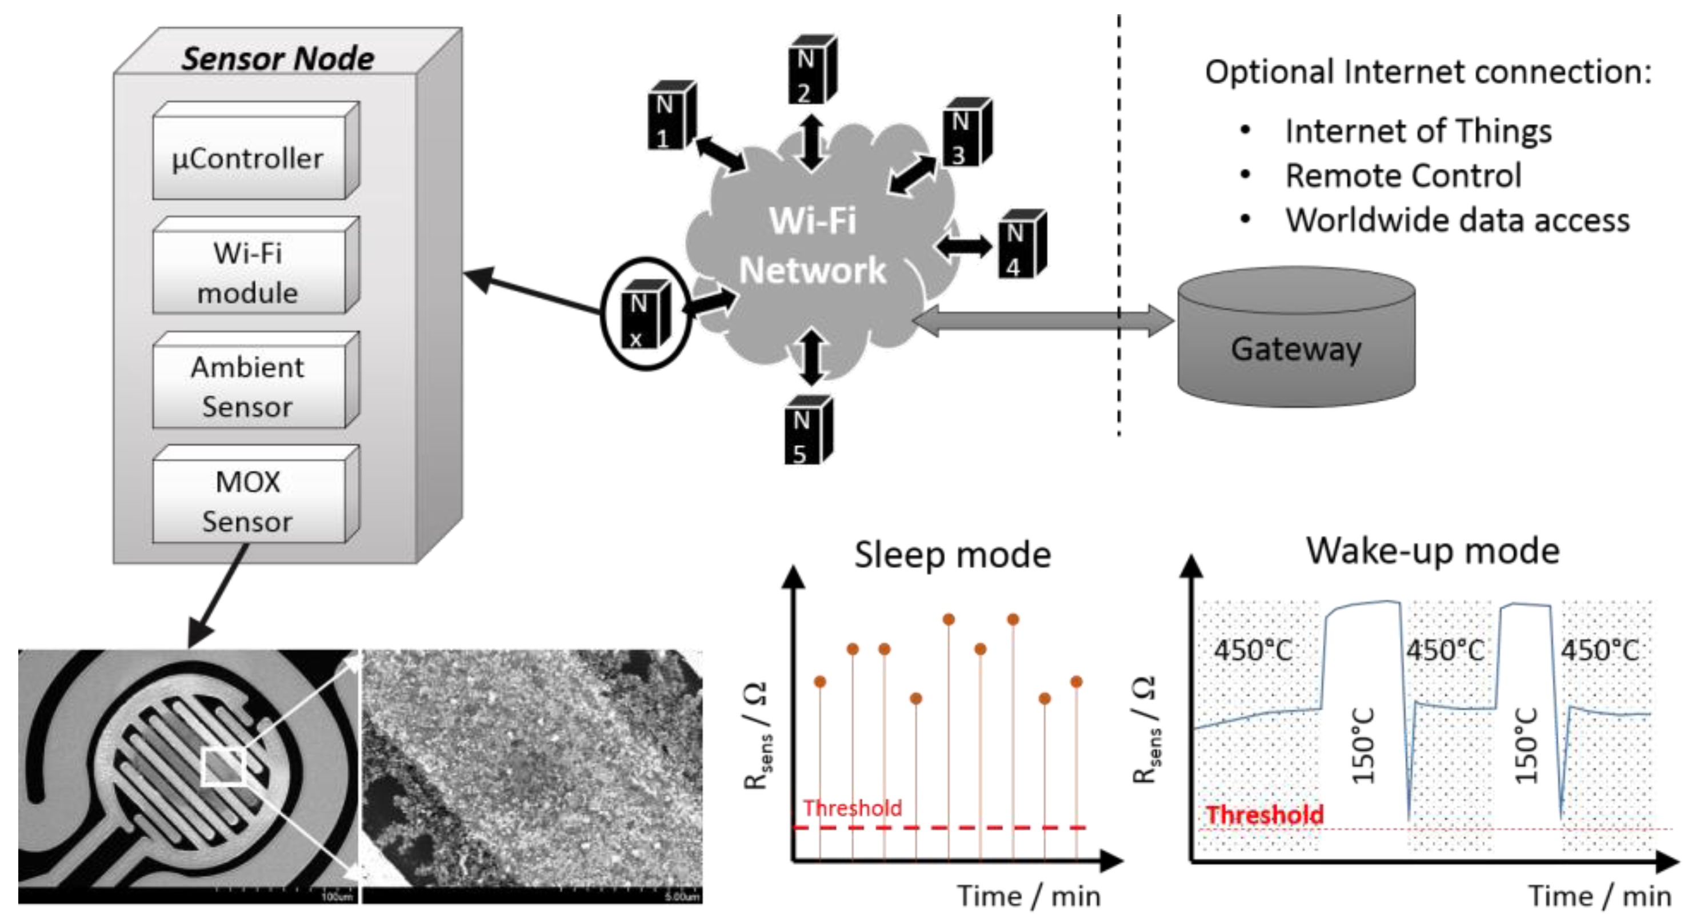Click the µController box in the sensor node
(248, 158)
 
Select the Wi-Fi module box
(248, 272)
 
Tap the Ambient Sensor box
(248, 387)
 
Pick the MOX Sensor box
(248, 501)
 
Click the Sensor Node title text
(277, 58)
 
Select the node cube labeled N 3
(966, 133)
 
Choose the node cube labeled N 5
(807, 431)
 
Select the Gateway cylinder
(1295, 338)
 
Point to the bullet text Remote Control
(1402, 175)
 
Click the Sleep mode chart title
(952, 555)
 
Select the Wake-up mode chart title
(1432, 550)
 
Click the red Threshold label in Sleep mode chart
(852, 808)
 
